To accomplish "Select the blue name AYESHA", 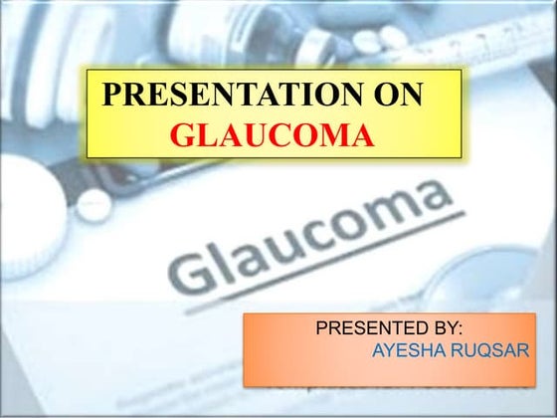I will [406, 350].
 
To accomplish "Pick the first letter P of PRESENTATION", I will [112, 95].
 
